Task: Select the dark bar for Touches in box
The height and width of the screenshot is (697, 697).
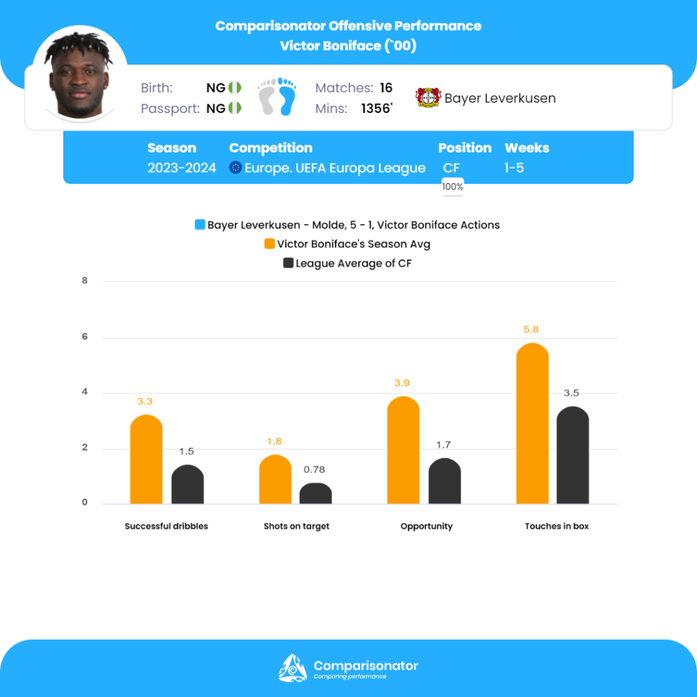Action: [572, 455]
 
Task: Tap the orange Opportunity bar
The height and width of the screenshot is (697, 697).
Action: [403, 451]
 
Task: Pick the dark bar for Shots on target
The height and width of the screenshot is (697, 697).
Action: [316, 493]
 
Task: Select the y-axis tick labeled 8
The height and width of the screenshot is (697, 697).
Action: [85, 280]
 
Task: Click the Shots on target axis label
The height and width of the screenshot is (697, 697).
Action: [296, 526]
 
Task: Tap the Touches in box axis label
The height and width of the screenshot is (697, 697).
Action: [557, 526]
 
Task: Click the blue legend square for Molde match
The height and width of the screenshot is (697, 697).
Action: [199, 225]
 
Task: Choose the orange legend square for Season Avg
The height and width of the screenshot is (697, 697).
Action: [269, 244]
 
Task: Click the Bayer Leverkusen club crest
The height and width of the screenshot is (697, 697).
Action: [427, 98]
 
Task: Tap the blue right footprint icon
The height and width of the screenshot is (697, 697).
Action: [287, 97]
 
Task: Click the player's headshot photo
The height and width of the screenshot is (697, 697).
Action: [80, 76]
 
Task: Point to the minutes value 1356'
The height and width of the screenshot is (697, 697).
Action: [377, 108]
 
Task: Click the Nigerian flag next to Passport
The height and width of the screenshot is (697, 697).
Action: [235, 108]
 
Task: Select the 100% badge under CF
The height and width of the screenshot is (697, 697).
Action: [453, 187]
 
